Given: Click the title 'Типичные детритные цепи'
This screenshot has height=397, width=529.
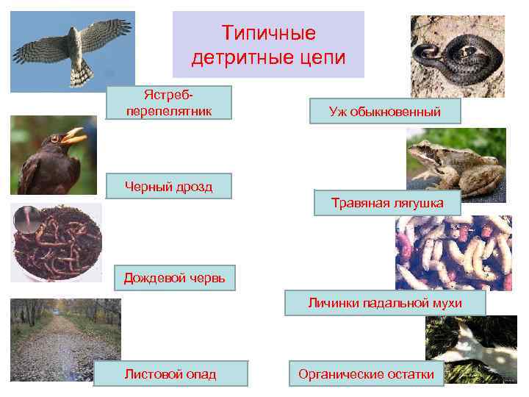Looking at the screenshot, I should [268, 45].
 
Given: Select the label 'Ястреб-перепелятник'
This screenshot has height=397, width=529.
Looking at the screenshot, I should [168, 102].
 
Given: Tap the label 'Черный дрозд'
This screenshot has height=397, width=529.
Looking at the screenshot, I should [168, 186].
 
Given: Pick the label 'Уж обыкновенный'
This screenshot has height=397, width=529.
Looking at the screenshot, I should [385, 112].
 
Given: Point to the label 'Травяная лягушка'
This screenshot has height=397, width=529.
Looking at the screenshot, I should [387, 202].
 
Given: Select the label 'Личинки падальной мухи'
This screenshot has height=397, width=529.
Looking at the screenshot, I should [385, 303].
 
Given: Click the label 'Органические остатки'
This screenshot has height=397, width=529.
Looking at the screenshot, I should [366, 373].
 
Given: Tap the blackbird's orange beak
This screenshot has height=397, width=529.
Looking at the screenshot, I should [73, 137].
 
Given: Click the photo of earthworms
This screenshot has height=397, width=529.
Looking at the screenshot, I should [57, 242].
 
